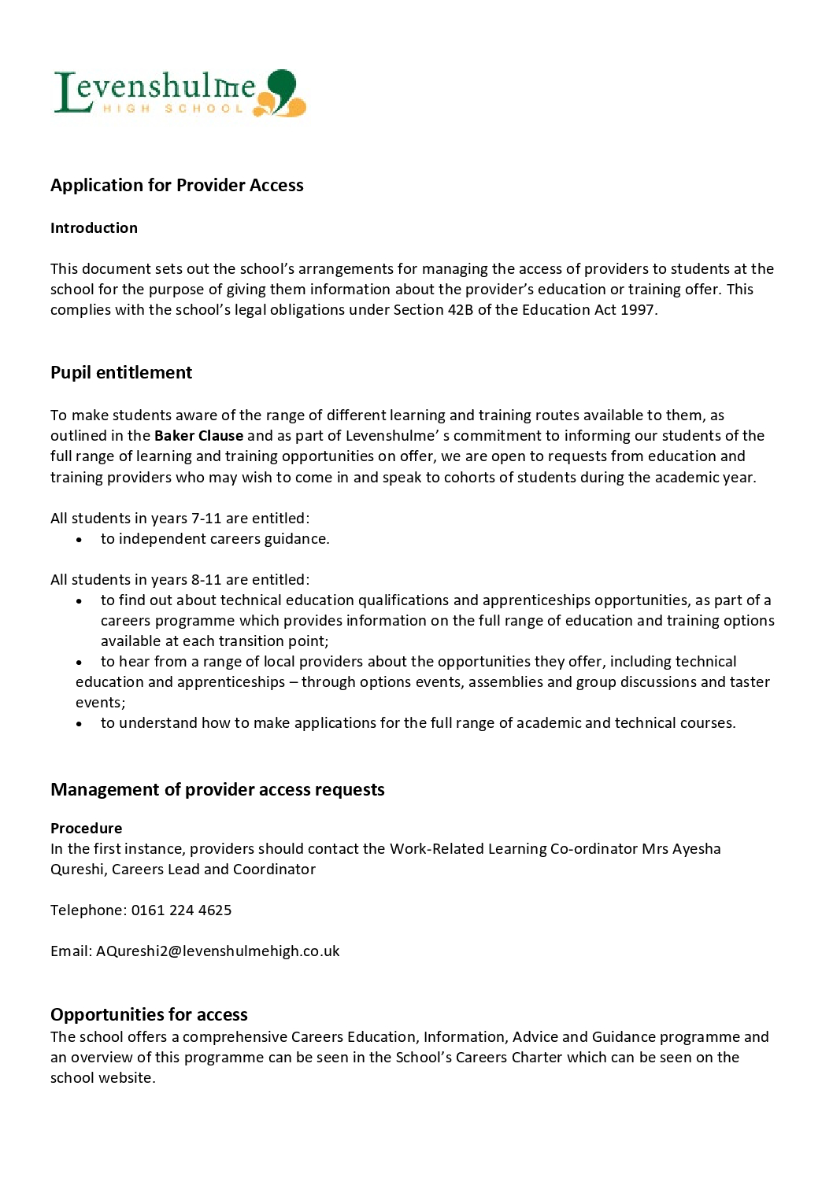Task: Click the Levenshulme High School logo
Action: tap(179, 93)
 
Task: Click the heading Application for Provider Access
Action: tap(176, 185)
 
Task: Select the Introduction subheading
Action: tap(94, 228)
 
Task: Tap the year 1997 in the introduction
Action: tap(637, 310)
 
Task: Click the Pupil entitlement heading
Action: tap(121, 372)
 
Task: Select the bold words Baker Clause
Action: tap(198, 436)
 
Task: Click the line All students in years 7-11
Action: tap(180, 519)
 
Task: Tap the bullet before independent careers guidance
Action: tap(80, 540)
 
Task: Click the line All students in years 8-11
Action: tap(180, 580)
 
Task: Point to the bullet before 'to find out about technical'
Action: tap(80, 601)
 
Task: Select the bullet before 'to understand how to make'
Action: tap(80, 724)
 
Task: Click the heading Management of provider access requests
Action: tap(217, 789)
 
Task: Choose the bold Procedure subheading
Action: tap(86, 829)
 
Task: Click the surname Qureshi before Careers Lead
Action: tap(77, 870)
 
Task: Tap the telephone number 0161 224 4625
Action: tap(181, 910)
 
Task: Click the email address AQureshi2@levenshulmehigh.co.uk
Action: tap(217, 951)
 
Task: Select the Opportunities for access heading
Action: tap(149, 1014)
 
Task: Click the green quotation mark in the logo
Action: tap(282, 84)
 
